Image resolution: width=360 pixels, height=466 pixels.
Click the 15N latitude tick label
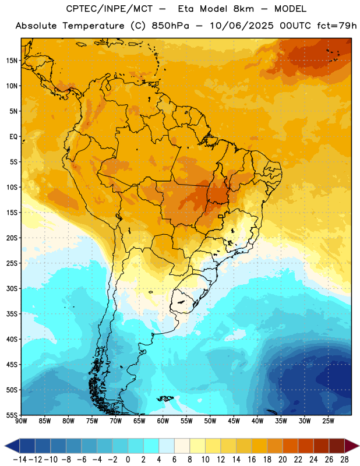tap(12, 61)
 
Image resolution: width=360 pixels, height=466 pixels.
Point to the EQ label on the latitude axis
tap(13, 137)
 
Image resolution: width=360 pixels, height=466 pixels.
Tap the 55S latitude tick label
tap(12, 415)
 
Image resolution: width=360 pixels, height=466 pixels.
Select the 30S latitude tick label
tap(12, 288)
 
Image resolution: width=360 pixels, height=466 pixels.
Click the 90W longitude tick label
tap(21, 421)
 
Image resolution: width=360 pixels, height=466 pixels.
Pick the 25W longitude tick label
tap(328, 421)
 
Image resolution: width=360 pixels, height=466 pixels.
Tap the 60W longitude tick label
tap(163, 421)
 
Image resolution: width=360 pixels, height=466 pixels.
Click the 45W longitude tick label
tap(234, 421)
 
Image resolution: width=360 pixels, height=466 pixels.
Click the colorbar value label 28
tap(344, 460)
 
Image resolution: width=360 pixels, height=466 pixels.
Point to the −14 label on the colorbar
tap(20, 460)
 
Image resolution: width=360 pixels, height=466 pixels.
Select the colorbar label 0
tap(128, 460)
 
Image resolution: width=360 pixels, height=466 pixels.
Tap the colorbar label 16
tap(252, 460)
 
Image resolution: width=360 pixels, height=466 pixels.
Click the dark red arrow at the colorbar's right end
tap(351, 446)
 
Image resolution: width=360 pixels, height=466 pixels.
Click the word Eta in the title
tap(186, 9)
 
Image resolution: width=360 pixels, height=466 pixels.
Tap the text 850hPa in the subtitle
tap(170, 26)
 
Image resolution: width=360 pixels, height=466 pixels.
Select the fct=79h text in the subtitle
tap(337, 26)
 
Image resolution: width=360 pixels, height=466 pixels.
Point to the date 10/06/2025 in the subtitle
tap(241, 26)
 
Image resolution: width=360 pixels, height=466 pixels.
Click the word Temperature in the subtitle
tap(93, 26)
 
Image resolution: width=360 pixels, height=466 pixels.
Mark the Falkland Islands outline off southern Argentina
tap(165, 398)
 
